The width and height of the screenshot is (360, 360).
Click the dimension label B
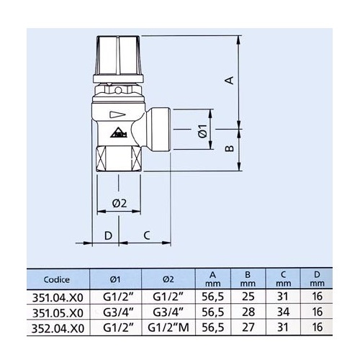click(x=228, y=148)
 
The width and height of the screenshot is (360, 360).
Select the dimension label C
click(x=147, y=235)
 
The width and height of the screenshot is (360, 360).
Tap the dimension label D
click(x=108, y=235)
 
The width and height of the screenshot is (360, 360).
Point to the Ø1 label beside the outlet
click(x=202, y=132)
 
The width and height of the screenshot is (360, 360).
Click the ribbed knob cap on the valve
click(x=119, y=54)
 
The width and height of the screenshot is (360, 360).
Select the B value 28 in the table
click(x=247, y=313)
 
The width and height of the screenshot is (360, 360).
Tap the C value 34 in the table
click(x=282, y=313)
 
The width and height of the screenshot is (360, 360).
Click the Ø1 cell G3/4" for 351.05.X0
click(x=114, y=313)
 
